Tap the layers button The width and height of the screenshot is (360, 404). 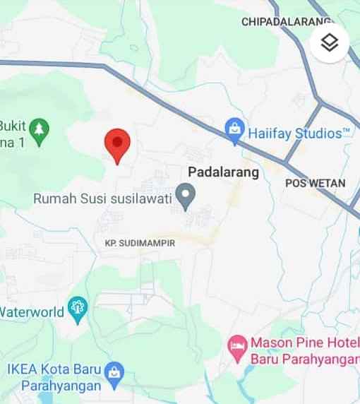click(330, 42)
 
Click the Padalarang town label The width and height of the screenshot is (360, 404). click(224, 172)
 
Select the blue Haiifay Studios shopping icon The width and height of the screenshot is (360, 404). click(234, 130)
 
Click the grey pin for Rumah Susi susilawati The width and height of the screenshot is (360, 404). click(185, 196)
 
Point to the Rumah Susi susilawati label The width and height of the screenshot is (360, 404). click(103, 198)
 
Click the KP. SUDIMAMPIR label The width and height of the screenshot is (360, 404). click(139, 243)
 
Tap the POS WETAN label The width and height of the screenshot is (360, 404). click(316, 183)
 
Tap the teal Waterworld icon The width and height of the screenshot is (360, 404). click(76, 309)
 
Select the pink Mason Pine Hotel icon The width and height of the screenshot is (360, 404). click(237, 345)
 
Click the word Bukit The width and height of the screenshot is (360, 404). click(13, 126)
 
